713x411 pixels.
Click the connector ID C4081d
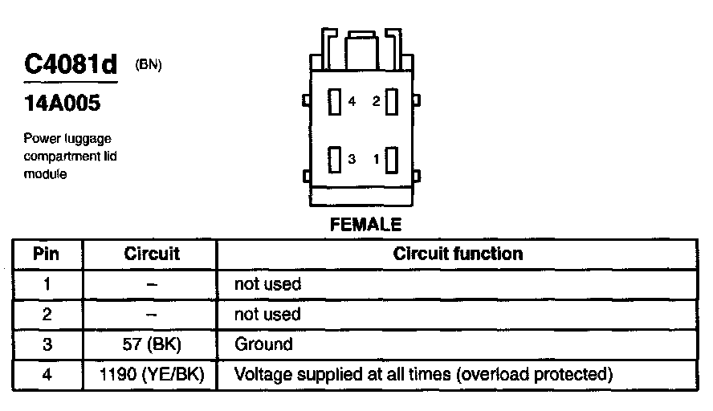[71, 65]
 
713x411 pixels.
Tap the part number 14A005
[62, 104]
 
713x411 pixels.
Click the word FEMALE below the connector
[365, 225]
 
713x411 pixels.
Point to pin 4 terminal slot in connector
[335, 102]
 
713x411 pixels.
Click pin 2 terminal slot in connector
[392, 102]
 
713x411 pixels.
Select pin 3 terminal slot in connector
[335, 158]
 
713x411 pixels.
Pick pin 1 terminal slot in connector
[392, 159]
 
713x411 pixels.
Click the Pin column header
[46, 254]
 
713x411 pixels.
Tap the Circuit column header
[152, 254]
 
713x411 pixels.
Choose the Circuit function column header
[458, 254]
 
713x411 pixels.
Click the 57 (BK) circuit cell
[152, 344]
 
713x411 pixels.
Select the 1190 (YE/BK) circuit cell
[152, 374]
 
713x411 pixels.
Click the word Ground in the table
[263, 344]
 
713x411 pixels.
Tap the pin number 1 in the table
[46, 284]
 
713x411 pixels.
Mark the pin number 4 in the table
[46, 374]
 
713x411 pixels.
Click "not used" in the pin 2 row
[267, 314]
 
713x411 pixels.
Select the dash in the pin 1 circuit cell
[152, 284]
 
